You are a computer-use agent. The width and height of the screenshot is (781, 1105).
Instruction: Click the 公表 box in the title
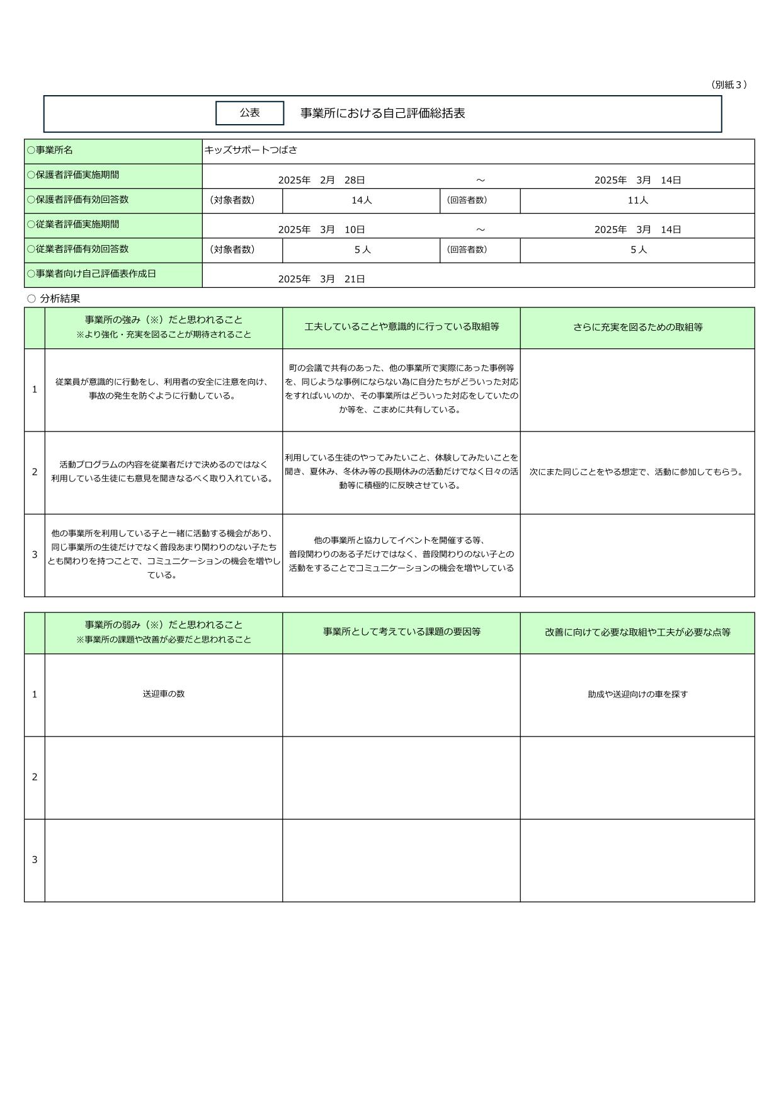(249, 113)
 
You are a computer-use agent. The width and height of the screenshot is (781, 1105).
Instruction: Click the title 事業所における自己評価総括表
(382, 113)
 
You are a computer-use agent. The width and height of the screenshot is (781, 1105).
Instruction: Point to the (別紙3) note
(729, 84)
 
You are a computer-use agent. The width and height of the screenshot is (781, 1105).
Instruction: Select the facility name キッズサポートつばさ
(251, 150)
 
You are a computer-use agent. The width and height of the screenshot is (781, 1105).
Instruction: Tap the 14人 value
(362, 200)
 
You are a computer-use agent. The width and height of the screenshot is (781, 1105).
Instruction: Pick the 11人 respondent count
(638, 200)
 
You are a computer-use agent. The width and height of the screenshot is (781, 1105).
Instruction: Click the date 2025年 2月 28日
(321, 180)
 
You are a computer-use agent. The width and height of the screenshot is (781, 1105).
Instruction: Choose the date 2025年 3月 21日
(321, 279)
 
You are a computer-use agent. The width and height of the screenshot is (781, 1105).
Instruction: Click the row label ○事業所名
(50, 150)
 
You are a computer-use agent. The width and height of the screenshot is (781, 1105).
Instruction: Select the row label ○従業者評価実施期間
(73, 224)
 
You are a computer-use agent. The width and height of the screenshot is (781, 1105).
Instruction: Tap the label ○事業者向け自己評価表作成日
(91, 274)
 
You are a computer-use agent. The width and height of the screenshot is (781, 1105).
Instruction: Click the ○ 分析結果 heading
(54, 299)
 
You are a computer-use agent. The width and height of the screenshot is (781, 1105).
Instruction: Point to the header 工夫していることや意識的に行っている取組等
(401, 327)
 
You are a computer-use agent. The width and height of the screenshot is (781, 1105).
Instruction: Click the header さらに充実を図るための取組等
(637, 328)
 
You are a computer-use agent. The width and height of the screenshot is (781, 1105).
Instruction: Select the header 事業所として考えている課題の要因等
(401, 632)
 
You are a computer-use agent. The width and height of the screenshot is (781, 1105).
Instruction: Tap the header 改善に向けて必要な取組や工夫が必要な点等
(637, 633)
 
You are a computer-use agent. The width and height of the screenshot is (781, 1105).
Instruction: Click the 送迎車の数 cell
(163, 694)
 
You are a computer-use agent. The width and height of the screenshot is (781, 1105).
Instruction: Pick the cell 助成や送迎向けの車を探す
(637, 694)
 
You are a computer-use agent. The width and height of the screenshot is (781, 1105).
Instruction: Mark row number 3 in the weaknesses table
(35, 860)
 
